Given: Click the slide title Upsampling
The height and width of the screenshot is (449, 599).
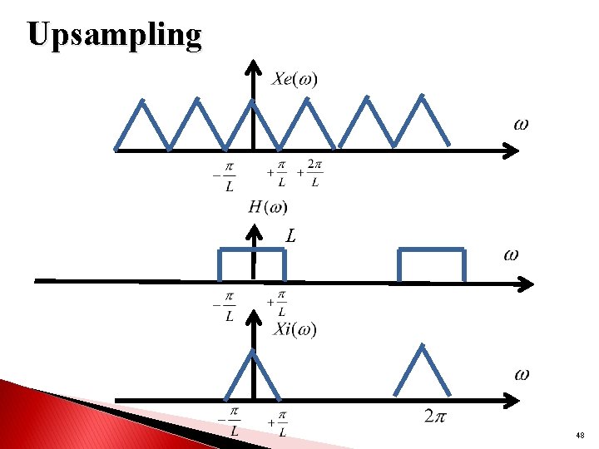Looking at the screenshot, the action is click(114, 35).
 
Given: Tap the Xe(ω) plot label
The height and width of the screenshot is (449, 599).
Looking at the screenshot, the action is click(295, 79).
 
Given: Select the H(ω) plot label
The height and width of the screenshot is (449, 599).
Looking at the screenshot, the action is click(268, 206).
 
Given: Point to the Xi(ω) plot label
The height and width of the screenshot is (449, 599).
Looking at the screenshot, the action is click(295, 329).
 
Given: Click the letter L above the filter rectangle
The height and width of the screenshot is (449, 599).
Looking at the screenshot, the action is click(290, 236).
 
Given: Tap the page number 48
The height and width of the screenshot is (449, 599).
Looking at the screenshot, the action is click(579, 436).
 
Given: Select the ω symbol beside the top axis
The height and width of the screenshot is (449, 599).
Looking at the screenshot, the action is click(520, 125).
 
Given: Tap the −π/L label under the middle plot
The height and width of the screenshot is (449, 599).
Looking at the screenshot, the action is click(225, 306).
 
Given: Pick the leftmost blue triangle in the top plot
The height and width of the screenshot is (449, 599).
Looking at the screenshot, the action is click(142, 125).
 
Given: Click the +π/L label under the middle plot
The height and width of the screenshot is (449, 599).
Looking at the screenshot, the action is click(277, 304).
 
